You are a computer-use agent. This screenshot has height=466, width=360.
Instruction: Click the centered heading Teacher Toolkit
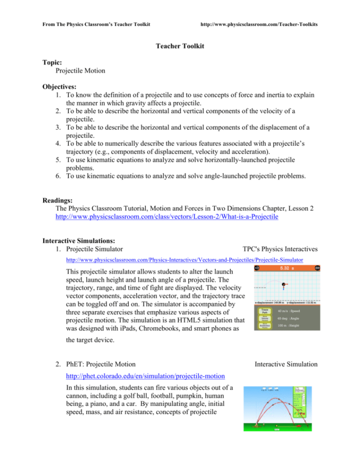tap(180, 46)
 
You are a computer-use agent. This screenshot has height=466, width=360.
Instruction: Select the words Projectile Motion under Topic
tap(80, 70)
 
